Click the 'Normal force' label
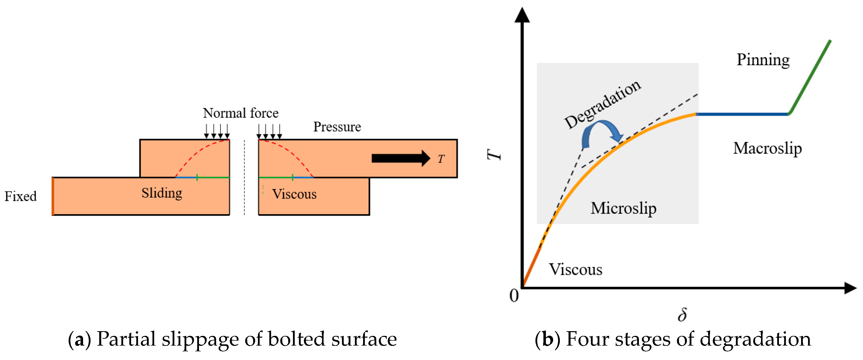(x=240, y=113)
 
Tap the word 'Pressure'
(x=337, y=127)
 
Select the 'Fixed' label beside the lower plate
(x=20, y=196)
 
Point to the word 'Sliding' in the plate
(x=162, y=193)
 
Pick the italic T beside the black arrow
(x=441, y=159)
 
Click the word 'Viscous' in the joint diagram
(x=294, y=194)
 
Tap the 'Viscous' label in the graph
(x=575, y=270)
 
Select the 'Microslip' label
(x=623, y=208)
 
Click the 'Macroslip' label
(x=767, y=148)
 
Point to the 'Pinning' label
(x=763, y=60)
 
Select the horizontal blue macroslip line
(x=742, y=114)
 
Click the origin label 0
(x=514, y=296)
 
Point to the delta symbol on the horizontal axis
(x=682, y=315)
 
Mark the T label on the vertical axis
(x=494, y=154)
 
